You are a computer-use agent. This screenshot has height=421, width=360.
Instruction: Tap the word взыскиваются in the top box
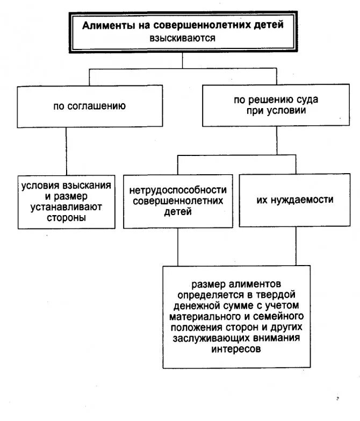(x=183, y=38)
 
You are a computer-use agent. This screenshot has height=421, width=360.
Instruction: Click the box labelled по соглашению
(x=90, y=106)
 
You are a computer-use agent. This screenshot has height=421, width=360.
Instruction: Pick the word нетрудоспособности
(x=178, y=190)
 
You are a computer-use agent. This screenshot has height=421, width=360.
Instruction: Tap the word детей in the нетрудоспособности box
(x=177, y=212)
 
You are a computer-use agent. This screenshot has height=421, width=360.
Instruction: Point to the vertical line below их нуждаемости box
(x=294, y=244)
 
